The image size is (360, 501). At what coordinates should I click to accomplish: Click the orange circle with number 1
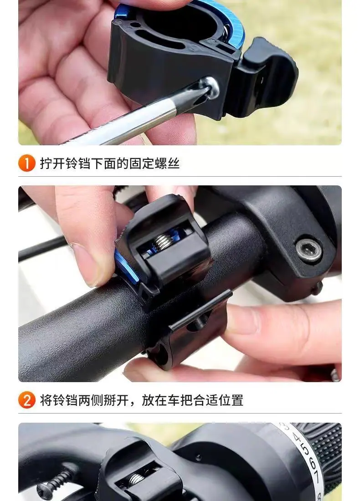(x=27, y=163)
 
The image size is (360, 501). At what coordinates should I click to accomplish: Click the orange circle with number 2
(x=27, y=400)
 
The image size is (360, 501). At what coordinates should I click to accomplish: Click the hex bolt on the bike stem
(x=309, y=250)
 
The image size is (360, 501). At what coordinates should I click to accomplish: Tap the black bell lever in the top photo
(x=265, y=76)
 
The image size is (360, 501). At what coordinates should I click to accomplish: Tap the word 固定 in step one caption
(x=142, y=163)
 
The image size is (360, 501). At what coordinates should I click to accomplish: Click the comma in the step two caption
(x=134, y=403)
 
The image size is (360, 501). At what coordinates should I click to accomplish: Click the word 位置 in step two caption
(x=231, y=400)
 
